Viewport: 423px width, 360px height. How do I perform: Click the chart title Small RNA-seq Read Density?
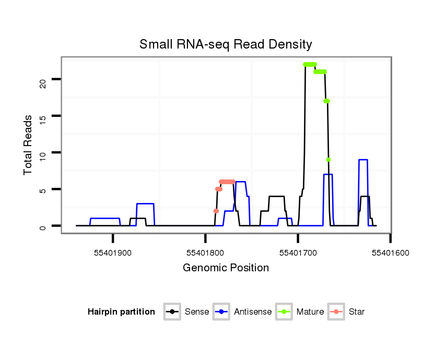coord(226,44)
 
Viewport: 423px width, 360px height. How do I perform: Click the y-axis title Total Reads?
coord(28,145)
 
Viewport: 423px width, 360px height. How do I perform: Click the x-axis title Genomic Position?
coord(226,268)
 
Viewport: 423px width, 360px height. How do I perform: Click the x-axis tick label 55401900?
coord(113,253)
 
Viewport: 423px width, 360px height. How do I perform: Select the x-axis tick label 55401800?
coord(205,253)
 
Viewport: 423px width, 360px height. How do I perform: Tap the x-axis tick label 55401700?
coord(298,253)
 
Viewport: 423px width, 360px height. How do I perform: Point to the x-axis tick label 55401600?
coord(390,253)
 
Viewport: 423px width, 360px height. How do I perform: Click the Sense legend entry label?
coord(197,312)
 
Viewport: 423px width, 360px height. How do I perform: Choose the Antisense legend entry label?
coord(253,312)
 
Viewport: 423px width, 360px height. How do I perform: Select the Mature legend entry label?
coord(310,312)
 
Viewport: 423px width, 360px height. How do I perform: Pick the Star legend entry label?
coord(356,312)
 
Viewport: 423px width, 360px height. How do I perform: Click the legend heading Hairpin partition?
coord(121,312)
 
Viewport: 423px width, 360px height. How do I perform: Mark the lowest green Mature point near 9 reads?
coord(328,160)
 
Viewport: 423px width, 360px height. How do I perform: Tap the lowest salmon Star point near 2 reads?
coord(216,211)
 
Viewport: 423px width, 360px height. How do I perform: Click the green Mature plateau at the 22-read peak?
coord(310,65)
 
